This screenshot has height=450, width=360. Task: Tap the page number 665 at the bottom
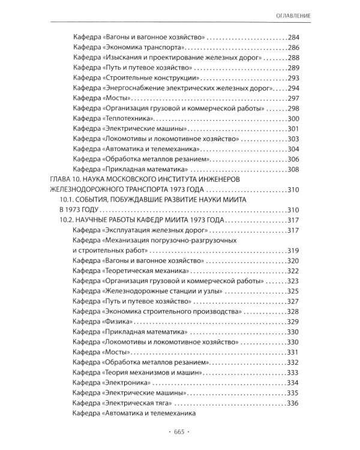[x=180, y=431]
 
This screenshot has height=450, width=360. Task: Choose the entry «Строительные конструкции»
[x=134, y=79]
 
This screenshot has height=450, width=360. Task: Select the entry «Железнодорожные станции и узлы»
[x=148, y=292]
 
